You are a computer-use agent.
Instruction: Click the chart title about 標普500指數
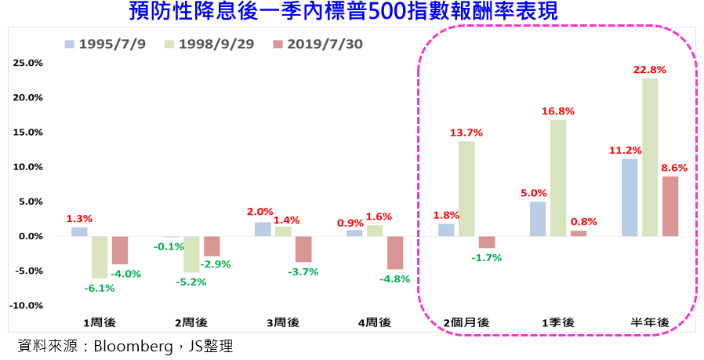click(351, 12)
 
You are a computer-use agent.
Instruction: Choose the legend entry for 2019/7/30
click(318, 44)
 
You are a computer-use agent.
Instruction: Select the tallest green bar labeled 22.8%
click(650, 157)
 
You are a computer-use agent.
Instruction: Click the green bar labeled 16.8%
click(558, 177)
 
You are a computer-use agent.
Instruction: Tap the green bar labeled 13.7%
click(466, 188)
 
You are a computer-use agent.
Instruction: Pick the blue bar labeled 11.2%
click(630, 197)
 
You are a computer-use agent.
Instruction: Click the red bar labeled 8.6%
click(670, 206)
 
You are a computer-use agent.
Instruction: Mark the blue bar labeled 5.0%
click(538, 219)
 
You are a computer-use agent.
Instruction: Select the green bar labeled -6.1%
click(100, 257)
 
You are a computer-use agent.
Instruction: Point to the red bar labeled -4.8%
click(395, 253)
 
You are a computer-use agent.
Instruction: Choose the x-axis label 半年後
click(649, 322)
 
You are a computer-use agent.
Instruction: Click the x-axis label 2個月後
click(466, 322)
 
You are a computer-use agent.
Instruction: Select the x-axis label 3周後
click(283, 322)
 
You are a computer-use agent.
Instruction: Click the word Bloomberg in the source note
click(129, 346)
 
